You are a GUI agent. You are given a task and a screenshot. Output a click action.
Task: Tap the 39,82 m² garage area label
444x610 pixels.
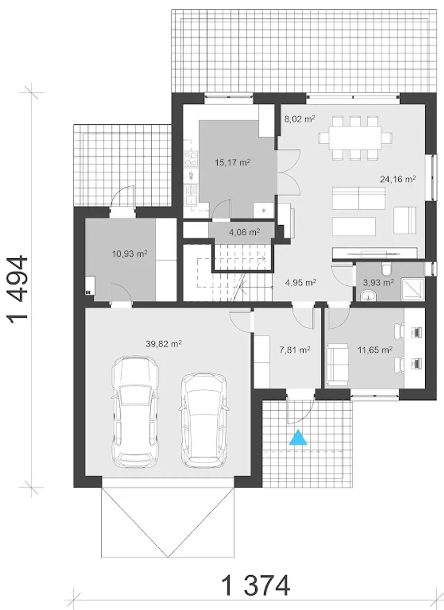click(164, 344)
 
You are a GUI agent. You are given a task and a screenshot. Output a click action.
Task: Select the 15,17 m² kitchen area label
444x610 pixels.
click(232, 162)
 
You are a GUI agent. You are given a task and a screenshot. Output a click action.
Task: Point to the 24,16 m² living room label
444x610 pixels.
click(398, 179)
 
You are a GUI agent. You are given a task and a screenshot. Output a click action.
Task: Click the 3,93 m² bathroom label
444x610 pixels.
click(378, 283)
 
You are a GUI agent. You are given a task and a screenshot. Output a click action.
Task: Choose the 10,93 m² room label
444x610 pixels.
click(130, 254)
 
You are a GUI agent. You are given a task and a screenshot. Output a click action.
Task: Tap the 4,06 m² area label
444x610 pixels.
click(245, 232)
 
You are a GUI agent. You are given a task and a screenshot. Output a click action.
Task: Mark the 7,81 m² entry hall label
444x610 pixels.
click(295, 350)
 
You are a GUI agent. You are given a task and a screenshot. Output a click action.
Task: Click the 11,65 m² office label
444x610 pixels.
click(375, 350)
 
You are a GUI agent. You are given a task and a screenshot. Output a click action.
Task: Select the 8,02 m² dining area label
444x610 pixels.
click(300, 119)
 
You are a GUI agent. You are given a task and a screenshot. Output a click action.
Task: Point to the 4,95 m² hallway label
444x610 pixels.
click(300, 283)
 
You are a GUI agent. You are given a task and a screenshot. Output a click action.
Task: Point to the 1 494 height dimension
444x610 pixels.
click(18, 290)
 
